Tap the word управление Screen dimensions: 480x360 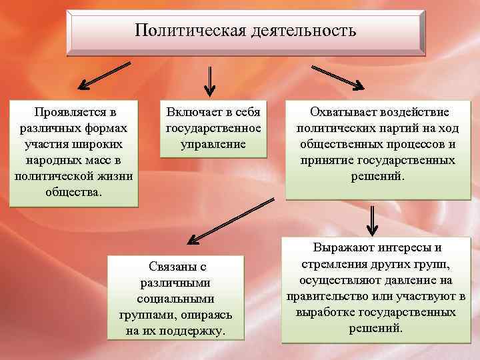click(213, 143)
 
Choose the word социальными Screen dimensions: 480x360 click(176, 299)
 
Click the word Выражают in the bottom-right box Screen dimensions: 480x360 click(342, 248)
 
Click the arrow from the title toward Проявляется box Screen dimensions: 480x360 click(104, 75)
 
